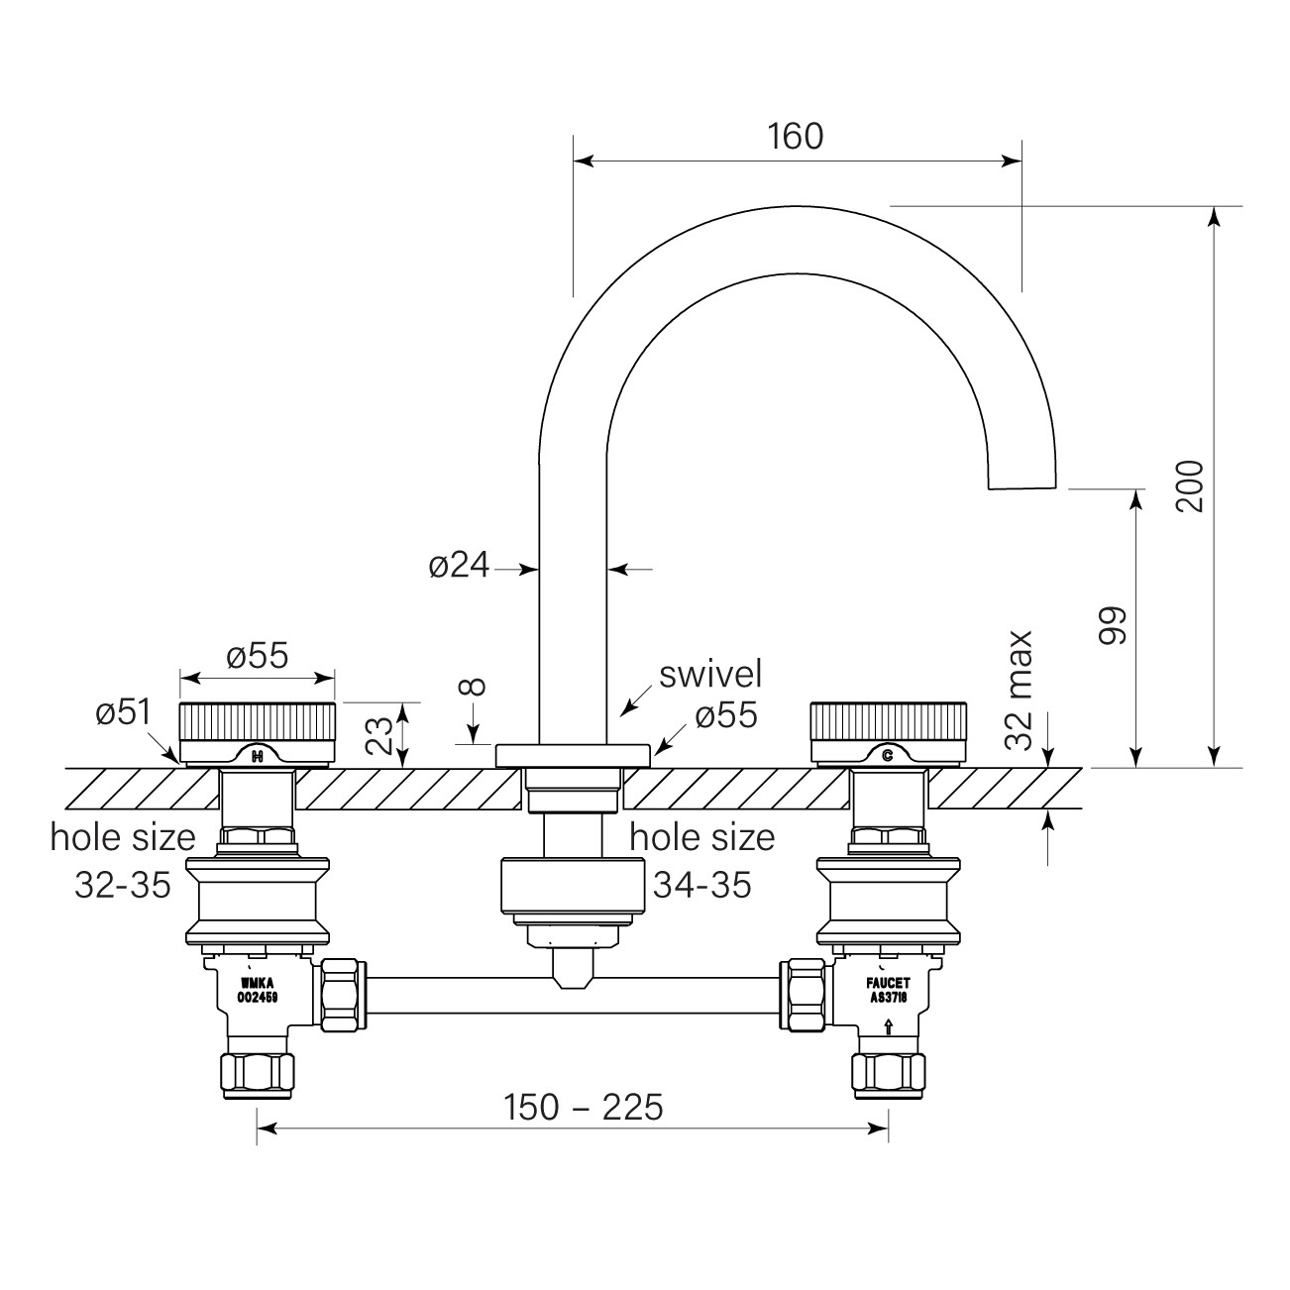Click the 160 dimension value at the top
[x=796, y=136]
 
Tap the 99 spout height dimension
[x=1115, y=625]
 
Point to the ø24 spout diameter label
[x=459, y=566]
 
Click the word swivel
[x=711, y=674]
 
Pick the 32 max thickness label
[x=1020, y=692]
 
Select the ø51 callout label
[x=123, y=712]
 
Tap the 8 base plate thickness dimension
[x=475, y=687]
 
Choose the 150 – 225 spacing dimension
[x=583, y=1108]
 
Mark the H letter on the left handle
[x=258, y=757]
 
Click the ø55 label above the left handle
[x=258, y=656]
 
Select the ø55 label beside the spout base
[x=725, y=715]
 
